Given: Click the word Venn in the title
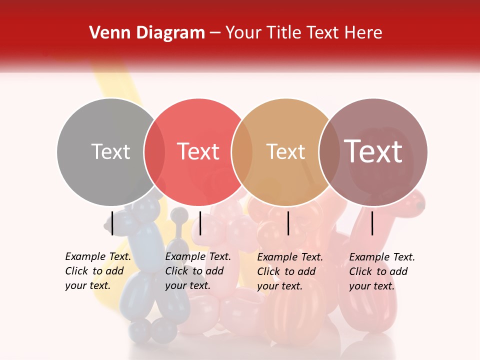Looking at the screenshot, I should click(x=107, y=33).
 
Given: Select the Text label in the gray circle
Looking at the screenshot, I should click(x=110, y=151).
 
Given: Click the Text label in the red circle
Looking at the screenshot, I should click(x=198, y=151).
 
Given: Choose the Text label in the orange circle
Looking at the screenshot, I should click(x=285, y=151).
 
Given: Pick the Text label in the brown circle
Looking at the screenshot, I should click(x=373, y=151).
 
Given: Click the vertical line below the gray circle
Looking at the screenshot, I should click(x=112, y=223).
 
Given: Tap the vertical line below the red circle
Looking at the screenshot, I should click(x=200, y=223).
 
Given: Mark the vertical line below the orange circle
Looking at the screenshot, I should click(x=288, y=223).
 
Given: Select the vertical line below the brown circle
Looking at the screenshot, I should click(x=372, y=223).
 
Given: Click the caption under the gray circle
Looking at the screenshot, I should click(x=98, y=271).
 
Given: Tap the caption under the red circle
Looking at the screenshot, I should click(x=198, y=271).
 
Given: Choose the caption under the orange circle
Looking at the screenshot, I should click(x=290, y=271).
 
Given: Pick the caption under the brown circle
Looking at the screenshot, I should click(x=382, y=271).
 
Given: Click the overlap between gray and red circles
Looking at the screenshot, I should click(x=154, y=152).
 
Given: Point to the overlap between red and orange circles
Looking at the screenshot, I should click(x=242, y=152).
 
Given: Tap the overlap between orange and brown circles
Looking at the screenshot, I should click(x=329, y=152).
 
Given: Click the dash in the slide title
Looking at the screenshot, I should click(x=215, y=33).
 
